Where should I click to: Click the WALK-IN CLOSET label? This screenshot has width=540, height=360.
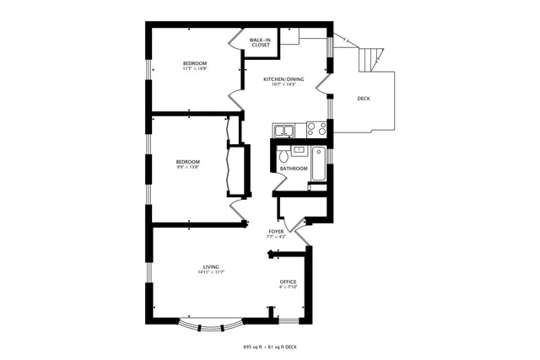pyautogui.click(x=259, y=41)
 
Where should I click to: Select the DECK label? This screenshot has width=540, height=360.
pyautogui.click(x=363, y=99)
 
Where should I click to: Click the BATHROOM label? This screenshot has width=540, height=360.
pyautogui.click(x=294, y=169)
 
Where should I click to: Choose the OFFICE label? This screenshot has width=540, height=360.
pyautogui.click(x=289, y=282)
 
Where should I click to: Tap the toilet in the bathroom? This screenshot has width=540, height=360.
pyautogui.click(x=284, y=156)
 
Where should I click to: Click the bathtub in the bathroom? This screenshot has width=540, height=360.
pyautogui.click(x=319, y=164)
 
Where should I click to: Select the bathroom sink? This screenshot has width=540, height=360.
pyautogui.click(x=299, y=149)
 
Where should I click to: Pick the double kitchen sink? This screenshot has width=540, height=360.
pyautogui.click(x=283, y=129)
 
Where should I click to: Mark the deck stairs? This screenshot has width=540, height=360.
pyautogui.click(x=369, y=60)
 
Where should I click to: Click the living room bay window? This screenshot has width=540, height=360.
pyautogui.click(x=211, y=323)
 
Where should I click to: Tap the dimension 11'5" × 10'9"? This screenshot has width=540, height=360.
pyautogui.click(x=195, y=69)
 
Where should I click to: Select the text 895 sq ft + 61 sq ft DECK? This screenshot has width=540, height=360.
pyautogui.click(x=270, y=347)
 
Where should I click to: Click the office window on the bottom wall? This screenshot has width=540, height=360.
pyautogui.click(x=290, y=321)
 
